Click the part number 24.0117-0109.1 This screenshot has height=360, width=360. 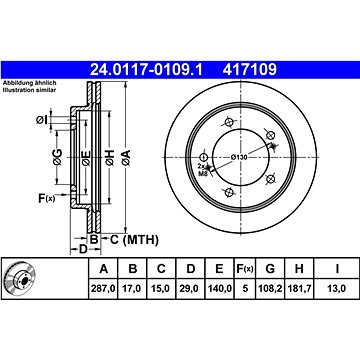click(146, 70)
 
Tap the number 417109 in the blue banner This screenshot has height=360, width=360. click(250, 70)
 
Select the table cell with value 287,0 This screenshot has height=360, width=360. click(103, 288)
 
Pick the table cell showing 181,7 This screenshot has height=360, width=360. click(299, 288)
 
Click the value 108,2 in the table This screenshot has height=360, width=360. click(270, 288)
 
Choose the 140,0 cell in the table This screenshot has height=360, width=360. click(219, 288)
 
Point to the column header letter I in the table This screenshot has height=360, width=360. click(337, 268)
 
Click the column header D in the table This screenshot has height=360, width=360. click(191, 268)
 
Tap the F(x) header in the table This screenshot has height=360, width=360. click(245, 268)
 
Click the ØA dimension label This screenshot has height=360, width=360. click(127, 158)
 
